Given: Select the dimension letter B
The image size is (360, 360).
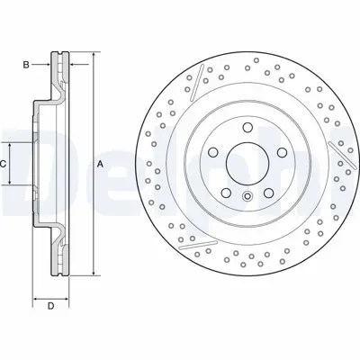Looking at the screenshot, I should pyautogui.click(x=27, y=64).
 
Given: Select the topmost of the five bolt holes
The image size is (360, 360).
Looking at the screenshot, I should pyautogui.click(x=247, y=127).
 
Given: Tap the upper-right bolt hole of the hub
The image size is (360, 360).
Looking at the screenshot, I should pyautogui.click(x=281, y=151).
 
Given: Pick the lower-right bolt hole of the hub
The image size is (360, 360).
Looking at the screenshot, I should pyautogui.click(x=268, y=191).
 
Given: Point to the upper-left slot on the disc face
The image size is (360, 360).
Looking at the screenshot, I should pyautogui.click(x=193, y=84).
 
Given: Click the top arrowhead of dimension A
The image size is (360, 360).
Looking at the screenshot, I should pyautogui.click(x=90, y=56).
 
